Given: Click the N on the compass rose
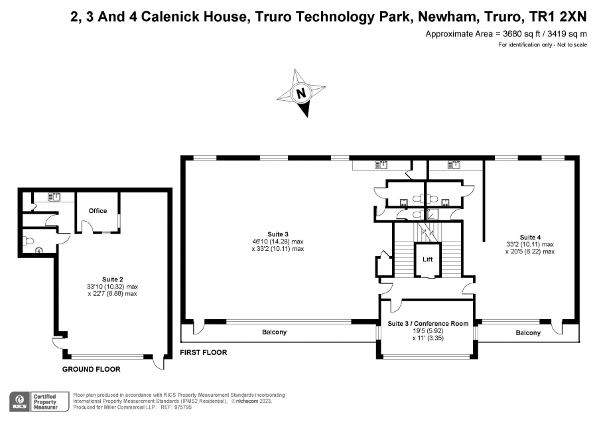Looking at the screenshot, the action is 301,94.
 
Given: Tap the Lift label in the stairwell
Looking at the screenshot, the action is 428,259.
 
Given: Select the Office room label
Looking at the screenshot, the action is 98,210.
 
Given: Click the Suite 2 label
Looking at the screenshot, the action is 112,279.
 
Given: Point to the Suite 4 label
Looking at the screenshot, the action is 531,238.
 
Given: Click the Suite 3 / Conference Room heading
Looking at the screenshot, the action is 428,323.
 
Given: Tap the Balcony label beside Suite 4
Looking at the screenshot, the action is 528,333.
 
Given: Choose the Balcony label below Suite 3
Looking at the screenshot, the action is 274,332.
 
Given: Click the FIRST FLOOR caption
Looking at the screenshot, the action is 204,353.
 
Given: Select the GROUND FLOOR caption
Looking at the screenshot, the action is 92,369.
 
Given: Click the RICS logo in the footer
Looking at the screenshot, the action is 19,402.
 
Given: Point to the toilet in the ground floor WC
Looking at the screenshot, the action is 29,241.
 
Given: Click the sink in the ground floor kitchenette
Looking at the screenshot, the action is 55,197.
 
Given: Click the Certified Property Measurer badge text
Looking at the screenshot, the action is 45,402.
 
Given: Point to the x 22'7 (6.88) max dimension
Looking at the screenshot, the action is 112,294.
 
